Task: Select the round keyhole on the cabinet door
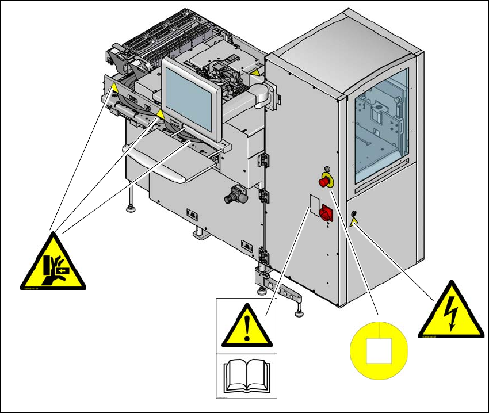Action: [x=353, y=216]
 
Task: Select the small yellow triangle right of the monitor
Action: [x=253, y=72]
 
